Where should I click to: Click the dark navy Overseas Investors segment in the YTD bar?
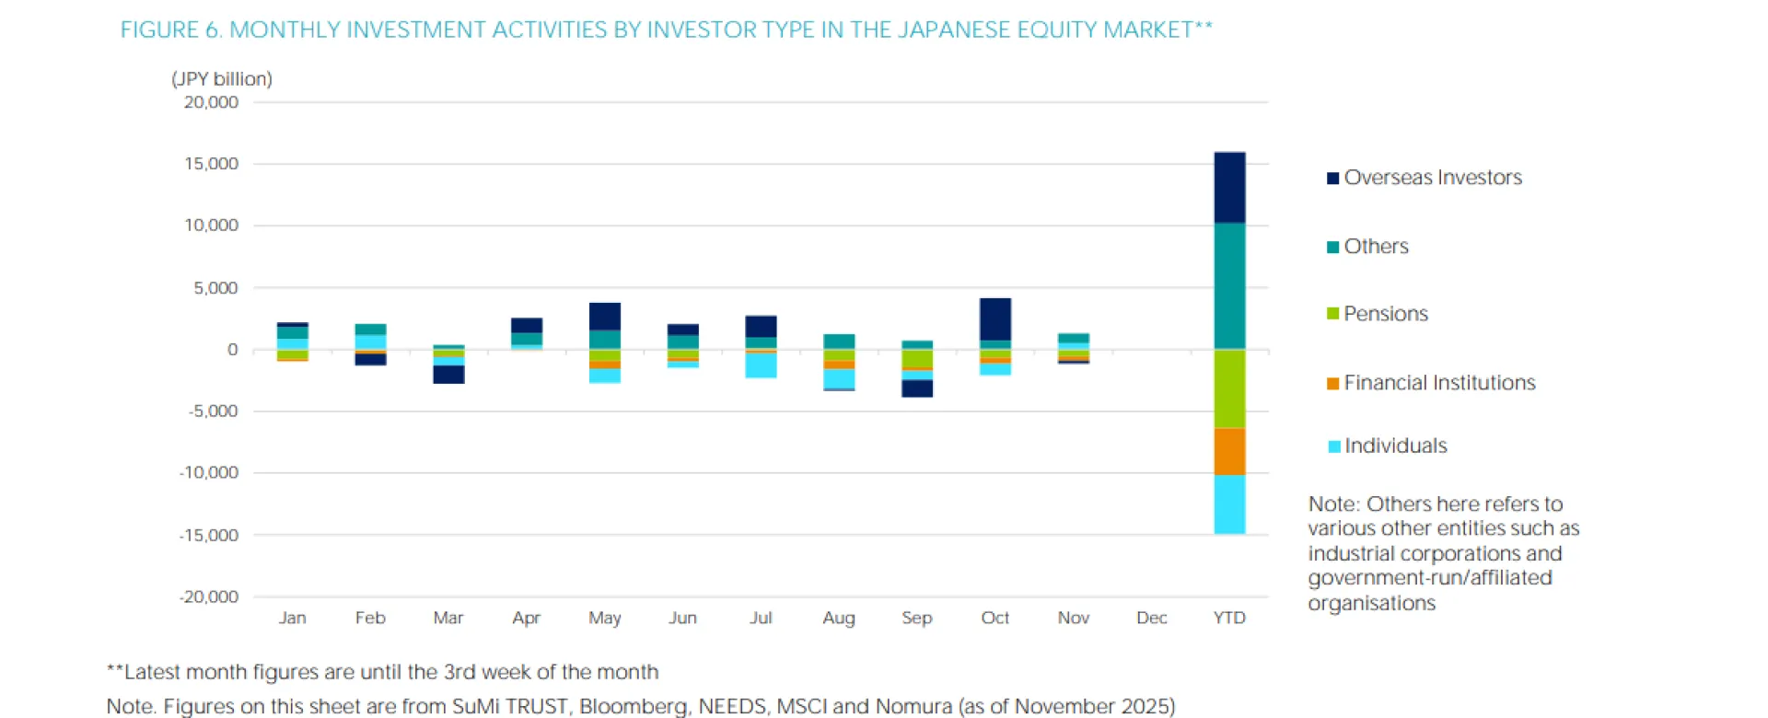(x=1229, y=188)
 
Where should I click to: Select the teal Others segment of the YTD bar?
(x=1229, y=285)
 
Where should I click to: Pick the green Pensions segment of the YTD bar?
(x=1229, y=388)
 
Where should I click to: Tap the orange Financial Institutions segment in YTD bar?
(x=1229, y=451)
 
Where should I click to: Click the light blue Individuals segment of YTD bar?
(x=1229, y=504)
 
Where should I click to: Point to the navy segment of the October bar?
(x=994, y=319)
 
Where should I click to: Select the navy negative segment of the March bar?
(x=448, y=374)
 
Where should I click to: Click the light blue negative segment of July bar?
(x=761, y=365)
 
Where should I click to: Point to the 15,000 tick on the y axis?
(x=211, y=164)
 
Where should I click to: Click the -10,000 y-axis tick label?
(x=209, y=472)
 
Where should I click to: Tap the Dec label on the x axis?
(x=1151, y=618)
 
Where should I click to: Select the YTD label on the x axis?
(x=1229, y=618)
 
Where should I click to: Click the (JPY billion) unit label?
(x=222, y=79)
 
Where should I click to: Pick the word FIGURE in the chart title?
(x=159, y=30)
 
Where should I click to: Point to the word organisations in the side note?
(x=1371, y=603)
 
